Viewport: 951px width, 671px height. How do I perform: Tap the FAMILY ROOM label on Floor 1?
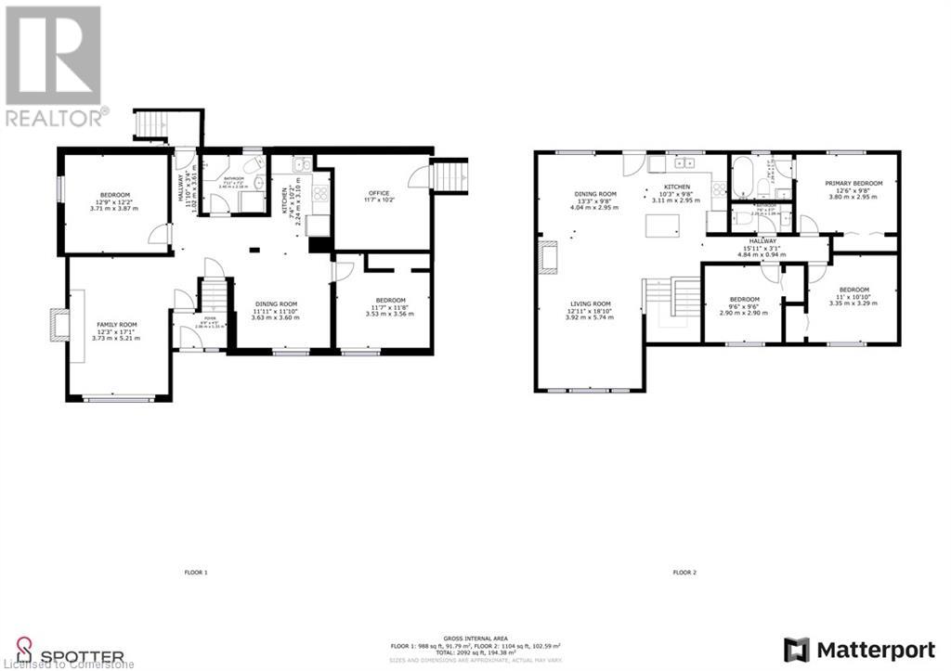117,324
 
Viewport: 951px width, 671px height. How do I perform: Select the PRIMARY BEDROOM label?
847,184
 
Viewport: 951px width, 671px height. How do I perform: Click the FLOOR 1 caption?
195,573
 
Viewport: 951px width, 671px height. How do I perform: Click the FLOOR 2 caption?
684,573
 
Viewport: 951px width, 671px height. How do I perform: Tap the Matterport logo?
859,648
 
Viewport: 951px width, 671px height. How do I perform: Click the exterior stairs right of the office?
452,174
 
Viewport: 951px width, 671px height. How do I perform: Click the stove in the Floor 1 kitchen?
320,194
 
